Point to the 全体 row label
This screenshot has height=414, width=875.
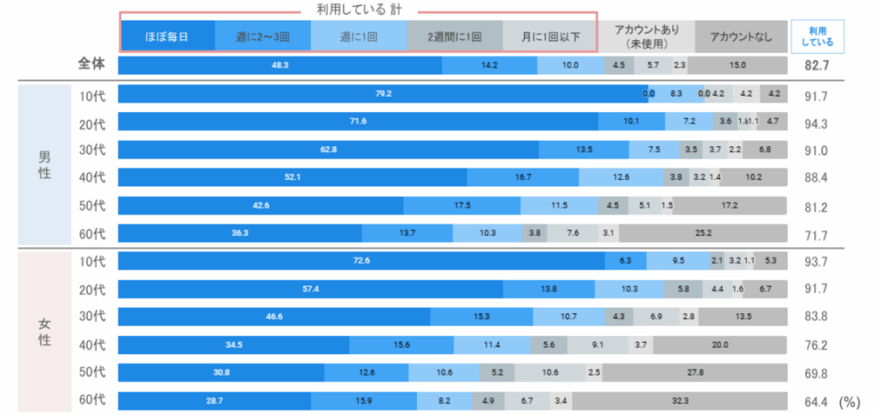pyautogui.click(x=91, y=65)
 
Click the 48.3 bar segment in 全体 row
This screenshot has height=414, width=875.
pyautogui.click(x=279, y=65)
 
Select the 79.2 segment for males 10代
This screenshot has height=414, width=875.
pyautogui.click(x=382, y=93)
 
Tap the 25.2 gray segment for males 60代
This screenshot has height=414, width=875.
pyautogui.click(x=702, y=233)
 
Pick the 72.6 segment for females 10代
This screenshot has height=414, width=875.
pyautogui.click(x=361, y=261)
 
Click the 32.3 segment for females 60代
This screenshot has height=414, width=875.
pyautogui.click(x=679, y=400)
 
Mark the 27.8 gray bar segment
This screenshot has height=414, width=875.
pyautogui.click(x=695, y=372)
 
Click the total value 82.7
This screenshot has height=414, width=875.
pyautogui.click(x=817, y=65)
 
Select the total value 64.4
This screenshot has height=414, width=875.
pyautogui.click(x=817, y=400)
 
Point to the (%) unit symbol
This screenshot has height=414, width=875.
pyautogui.click(x=850, y=400)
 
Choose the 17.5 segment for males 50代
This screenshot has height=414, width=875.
pyautogui.click(x=461, y=205)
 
